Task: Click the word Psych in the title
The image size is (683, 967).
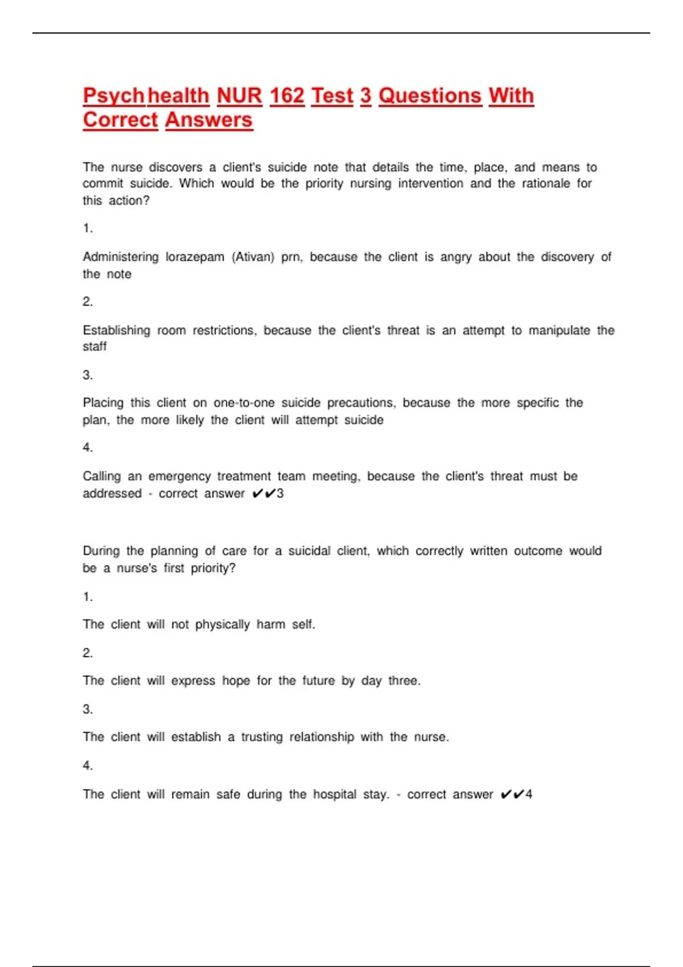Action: pyautogui.click(x=113, y=96)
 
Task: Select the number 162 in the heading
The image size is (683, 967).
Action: pyautogui.click(x=287, y=96)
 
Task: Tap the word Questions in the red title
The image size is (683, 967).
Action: pyautogui.click(x=430, y=96)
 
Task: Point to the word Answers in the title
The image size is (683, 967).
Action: pyautogui.click(x=209, y=120)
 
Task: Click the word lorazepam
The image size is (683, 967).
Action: pyautogui.click(x=195, y=257)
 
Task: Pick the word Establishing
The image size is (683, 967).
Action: pyautogui.click(x=117, y=330)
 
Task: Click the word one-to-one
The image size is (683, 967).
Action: pyautogui.click(x=244, y=403)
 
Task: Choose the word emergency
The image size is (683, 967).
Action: pyautogui.click(x=179, y=476)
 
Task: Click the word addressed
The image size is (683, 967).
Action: pyautogui.click(x=112, y=493)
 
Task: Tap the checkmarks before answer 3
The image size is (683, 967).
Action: pyautogui.click(x=264, y=493)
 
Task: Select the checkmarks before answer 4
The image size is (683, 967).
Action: pyautogui.click(x=512, y=794)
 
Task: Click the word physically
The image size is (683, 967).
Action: pyautogui.click(x=223, y=625)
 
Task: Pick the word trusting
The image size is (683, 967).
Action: pyautogui.click(x=262, y=737)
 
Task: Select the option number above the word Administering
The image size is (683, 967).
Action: pyautogui.click(x=88, y=228)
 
